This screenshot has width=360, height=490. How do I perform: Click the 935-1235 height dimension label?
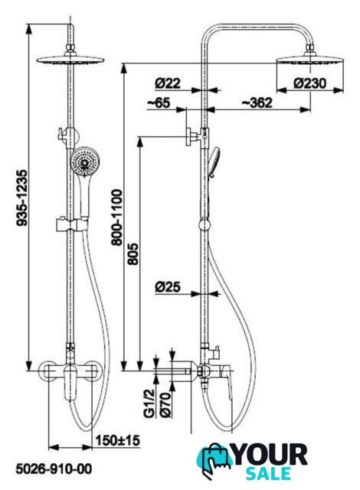point(22,198)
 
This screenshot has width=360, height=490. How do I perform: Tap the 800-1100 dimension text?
point(118,217)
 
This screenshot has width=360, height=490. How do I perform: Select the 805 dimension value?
point(133,253)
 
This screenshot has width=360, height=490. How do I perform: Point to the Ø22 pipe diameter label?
point(168,83)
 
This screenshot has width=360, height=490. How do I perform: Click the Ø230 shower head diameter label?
point(310,83)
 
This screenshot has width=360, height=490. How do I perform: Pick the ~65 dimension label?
point(159,103)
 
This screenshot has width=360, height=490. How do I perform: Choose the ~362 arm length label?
point(257,103)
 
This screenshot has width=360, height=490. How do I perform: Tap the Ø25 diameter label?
point(168,287)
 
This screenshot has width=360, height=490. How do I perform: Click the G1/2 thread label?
point(149,403)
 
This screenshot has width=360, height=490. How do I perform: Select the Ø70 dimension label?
point(165,404)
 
